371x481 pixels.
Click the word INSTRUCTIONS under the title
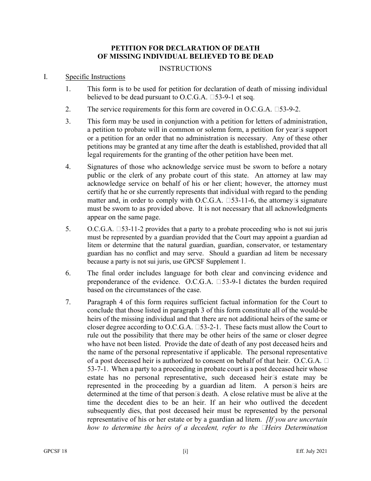click(185, 68)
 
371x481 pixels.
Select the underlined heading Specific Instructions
click(95, 77)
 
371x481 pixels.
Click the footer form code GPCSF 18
click(55, 451)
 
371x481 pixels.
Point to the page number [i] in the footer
click(185, 451)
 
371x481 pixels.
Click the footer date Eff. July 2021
click(311, 451)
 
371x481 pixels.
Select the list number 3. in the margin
click(68, 121)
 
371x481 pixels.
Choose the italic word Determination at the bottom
click(307, 427)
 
